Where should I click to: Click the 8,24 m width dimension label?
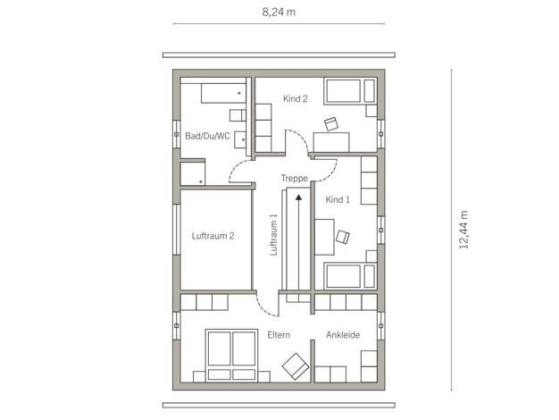279,13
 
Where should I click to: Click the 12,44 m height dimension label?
463,230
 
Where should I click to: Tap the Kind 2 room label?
296,99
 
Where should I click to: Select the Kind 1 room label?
338,200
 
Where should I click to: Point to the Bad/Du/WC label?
207,136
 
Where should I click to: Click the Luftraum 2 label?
213,236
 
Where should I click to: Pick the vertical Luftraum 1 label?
273,234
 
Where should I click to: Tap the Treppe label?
294,178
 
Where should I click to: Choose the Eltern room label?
279,335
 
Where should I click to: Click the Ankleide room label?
343,335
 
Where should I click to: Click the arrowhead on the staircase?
299,197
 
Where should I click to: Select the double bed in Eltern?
232,356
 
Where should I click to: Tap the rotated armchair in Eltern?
296,366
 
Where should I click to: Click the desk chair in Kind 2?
331,124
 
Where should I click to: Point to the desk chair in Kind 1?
343,238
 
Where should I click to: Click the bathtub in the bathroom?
223,94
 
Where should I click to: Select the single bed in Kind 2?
350,91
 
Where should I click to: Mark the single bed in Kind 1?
350,276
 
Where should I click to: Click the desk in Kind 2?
331,142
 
